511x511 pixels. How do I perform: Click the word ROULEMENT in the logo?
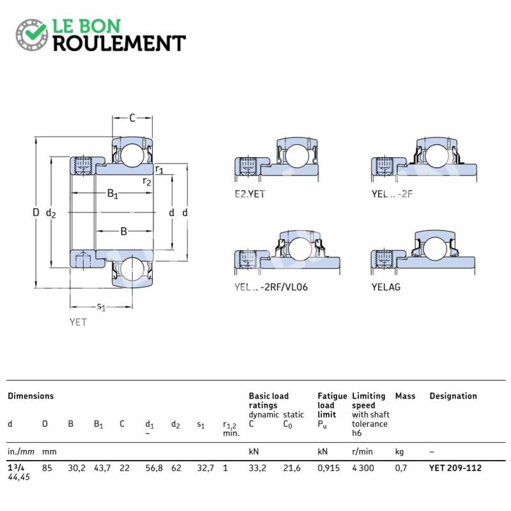click(119, 43)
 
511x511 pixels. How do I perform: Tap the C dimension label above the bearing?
click(132, 118)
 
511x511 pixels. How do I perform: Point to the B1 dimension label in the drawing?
click(112, 194)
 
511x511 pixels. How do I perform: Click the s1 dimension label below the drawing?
click(101, 307)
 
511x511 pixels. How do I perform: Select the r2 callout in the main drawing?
click(147, 181)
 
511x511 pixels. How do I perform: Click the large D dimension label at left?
click(36, 213)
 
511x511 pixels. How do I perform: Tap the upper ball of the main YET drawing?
click(132, 154)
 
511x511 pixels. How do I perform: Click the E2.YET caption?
click(250, 194)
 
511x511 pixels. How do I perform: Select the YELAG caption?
click(386, 287)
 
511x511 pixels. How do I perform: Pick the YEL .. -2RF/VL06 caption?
click(271, 287)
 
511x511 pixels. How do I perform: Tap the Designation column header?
click(453, 396)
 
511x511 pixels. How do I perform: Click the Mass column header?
click(405, 396)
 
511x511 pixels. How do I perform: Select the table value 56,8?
click(154, 468)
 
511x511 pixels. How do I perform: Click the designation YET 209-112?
click(455, 468)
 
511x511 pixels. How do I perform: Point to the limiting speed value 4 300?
click(363, 468)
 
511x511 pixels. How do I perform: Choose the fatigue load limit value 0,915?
click(328, 468)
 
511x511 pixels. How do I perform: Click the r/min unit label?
click(362, 452)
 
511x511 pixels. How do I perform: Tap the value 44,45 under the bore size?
click(19, 477)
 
